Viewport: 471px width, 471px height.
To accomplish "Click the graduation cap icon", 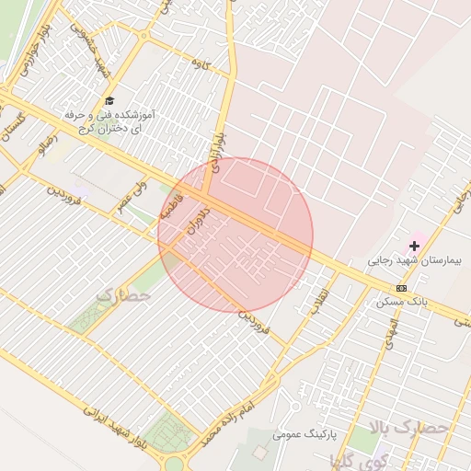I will [110, 100].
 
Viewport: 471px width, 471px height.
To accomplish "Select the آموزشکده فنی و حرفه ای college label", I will [111, 121].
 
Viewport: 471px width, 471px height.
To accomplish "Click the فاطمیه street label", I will [172, 207].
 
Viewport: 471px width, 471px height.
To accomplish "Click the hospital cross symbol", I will [414, 246].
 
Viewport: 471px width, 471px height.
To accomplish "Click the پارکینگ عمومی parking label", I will [304, 431].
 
